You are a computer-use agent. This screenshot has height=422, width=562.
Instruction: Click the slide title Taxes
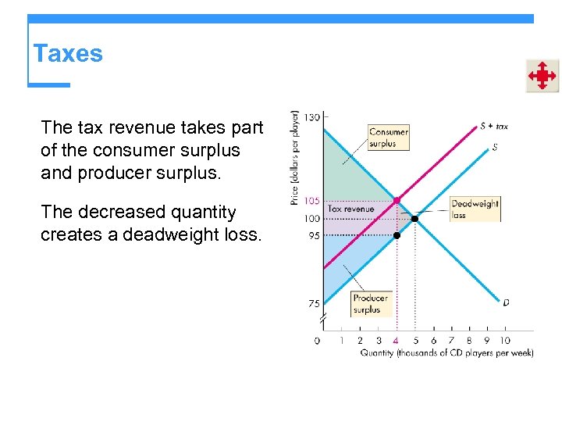[68, 54]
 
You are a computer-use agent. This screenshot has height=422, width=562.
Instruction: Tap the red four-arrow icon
[542, 76]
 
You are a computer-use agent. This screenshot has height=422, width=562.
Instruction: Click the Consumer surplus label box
[388, 138]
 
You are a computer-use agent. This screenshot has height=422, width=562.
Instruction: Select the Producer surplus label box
[370, 303]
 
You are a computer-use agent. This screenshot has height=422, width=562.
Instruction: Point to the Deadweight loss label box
[475, 209]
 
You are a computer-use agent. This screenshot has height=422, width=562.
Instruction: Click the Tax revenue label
[350, 209]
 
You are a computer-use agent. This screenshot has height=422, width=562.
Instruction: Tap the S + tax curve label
[493, 126]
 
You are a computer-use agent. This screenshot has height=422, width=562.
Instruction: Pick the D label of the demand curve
[506, 302]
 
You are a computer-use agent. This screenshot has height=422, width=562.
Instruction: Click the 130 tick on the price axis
[311, 116]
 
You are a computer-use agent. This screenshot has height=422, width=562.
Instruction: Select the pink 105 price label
[311, 201]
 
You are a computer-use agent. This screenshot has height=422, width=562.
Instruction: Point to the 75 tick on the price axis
[313, 303]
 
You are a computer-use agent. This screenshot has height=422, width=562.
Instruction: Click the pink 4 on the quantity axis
[397, 341]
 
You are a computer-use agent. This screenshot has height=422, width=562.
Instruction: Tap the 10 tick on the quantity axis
[504, 341]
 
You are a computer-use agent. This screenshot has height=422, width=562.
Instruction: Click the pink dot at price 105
[397, 201]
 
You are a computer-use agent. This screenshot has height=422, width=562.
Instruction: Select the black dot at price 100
[414, 219]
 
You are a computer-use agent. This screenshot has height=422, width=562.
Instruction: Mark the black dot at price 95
[397, 235]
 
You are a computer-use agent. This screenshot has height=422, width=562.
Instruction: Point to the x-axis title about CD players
[446, 353]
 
